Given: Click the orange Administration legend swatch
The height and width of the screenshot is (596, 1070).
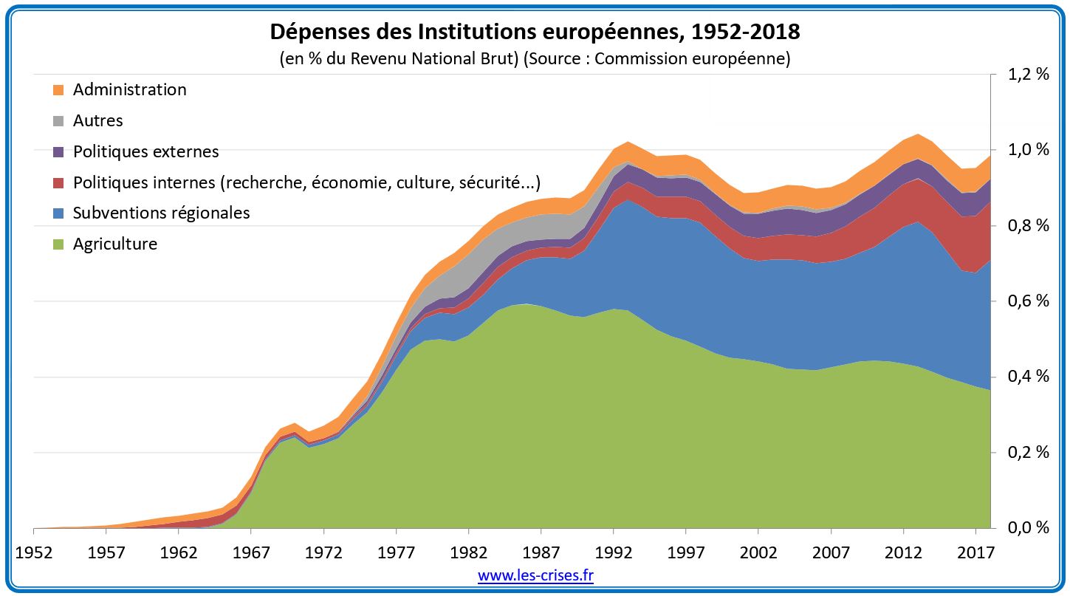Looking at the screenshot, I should tap(58, 90).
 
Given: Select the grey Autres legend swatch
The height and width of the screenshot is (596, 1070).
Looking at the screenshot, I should tap(58, 121).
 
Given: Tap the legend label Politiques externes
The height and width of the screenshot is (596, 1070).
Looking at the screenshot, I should tap(145, 152).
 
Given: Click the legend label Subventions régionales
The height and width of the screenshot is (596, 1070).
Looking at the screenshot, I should tap(161, 213).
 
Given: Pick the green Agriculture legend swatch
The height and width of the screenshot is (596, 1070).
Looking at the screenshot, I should tap(58, 244).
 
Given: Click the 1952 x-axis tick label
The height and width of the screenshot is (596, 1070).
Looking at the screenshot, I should tap(33, 552).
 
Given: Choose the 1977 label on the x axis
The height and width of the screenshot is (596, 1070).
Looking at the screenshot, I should tap(396, 552).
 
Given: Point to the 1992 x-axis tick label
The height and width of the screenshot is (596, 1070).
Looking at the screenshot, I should tap(613, 552).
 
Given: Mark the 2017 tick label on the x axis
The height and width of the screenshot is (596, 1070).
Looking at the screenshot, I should tap(975, 552).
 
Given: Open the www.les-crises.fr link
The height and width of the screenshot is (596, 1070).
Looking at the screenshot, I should tap(535, 576).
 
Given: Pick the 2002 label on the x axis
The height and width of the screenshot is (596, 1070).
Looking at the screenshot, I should tap(758, 552).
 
